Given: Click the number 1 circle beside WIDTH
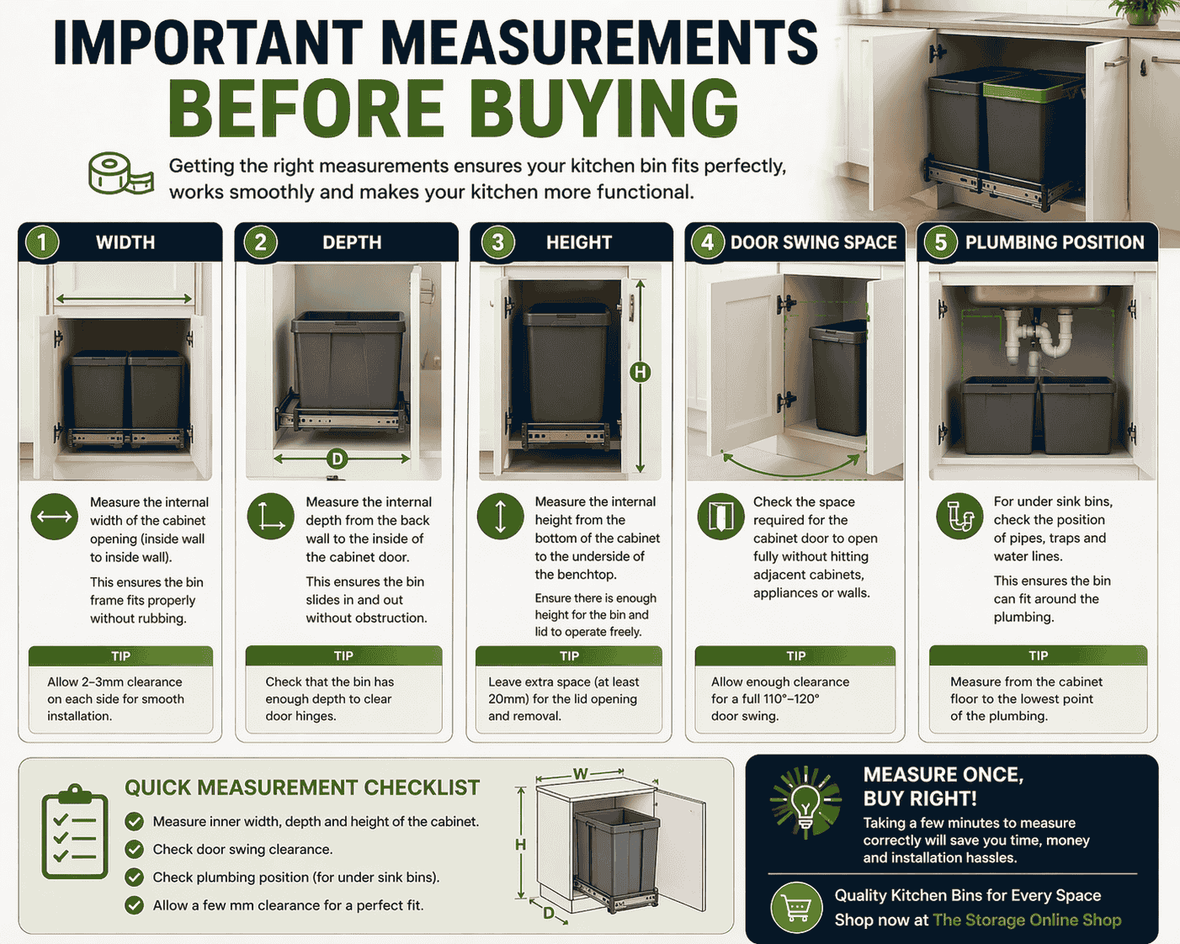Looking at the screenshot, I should (x=42, y=242).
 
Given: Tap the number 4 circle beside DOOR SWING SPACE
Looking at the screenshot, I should (x=707, y=242).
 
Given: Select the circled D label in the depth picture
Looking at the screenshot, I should (x=337, y=459).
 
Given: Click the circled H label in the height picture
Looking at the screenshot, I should (x=640, y=372).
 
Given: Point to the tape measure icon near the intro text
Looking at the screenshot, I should (x=120, y=173).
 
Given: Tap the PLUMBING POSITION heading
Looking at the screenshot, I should (x=1054, y=242).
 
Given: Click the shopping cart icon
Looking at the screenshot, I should (x=796, y=907).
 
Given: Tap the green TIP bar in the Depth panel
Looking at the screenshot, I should (x=343, y=655).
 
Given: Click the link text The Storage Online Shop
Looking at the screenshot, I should (x=1027, y=920).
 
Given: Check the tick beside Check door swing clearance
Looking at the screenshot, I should (x=134, y=849).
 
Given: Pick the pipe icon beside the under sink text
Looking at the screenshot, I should (x=959, y=517).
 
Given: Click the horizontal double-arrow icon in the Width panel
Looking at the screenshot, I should (x=54, y=517).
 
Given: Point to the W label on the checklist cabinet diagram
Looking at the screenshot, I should (x=581, y=773).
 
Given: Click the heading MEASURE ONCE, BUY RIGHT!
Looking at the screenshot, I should (x=943, y=786).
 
